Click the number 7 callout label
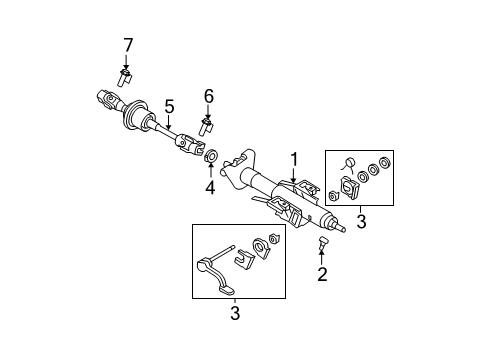pos(127,44)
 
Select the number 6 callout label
pos(209,95)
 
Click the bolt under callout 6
pos(207,126)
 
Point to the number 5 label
pos(169,106)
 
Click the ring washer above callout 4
pos(210,157)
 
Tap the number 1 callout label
pos(294,158)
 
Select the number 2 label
pos(321,274)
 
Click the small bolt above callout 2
pos(322,243)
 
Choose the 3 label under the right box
pos(360,221)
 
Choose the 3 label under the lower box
pos(234,314)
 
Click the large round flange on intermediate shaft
pos(132,119)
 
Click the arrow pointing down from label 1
pos(294,175)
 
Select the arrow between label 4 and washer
pos(210,171)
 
